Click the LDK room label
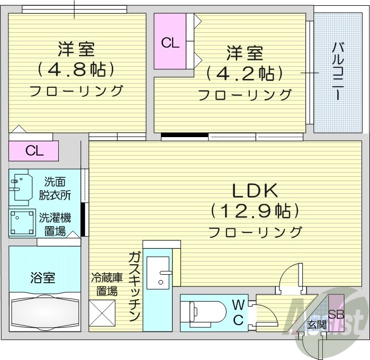[255, 190]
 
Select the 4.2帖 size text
[245, 73]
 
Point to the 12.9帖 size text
[255, 211]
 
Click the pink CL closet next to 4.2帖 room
[170, 42]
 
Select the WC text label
[238, 312]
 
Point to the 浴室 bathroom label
[43, 277]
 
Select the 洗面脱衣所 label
[55, 187]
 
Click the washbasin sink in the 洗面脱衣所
[20, 187]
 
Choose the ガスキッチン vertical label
[134, 286]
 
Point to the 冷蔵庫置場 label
[107, 283]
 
